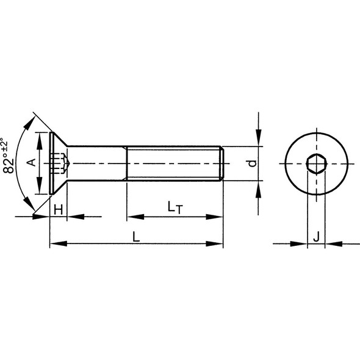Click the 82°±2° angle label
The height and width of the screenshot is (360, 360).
coord(8,156)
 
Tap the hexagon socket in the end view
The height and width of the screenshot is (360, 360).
coord(316,164)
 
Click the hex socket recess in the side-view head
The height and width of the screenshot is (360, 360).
coord(59,164)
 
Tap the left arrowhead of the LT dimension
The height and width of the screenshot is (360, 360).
coord(134,217)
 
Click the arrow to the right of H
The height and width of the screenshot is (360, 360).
coord(74,217)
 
